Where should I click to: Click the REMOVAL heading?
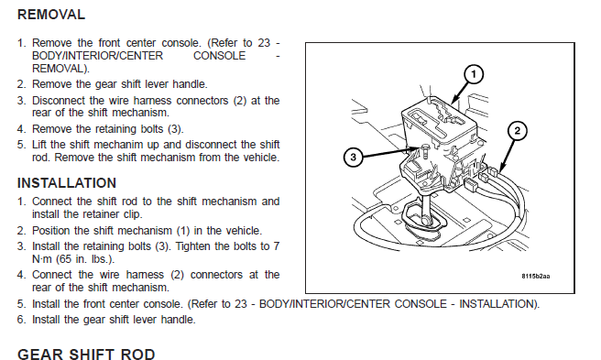point(51,15)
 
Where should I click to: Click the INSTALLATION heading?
point(67,183)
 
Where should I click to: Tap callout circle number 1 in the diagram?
point(474,74)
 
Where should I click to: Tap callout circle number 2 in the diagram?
point(517,131)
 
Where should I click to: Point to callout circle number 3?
point(353,157)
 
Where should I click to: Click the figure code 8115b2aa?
point(535,276)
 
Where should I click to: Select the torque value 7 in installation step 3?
point(277,246)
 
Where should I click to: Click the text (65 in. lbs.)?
point(85,259)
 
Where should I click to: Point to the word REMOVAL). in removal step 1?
point(60,69)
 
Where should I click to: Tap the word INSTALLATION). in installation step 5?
point(499,304)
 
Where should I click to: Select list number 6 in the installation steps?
point(21,320)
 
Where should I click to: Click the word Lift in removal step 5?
point(39,145)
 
